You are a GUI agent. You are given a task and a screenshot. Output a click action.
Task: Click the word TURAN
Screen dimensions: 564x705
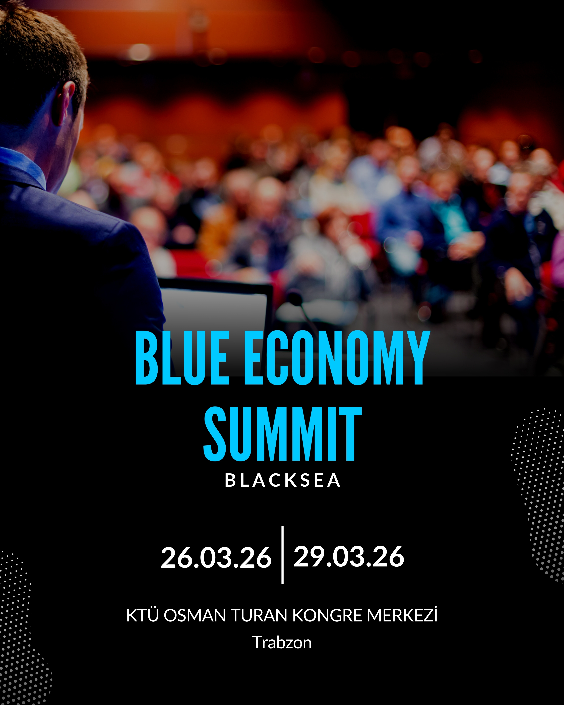[x=259, y=615]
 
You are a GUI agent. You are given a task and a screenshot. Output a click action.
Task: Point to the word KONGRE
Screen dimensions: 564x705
[x=327, y=615]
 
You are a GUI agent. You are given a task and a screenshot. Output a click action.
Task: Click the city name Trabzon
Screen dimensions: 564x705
[x=282, y=643]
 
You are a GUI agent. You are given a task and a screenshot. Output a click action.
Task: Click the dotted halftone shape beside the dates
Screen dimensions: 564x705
[x=538, y=490]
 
